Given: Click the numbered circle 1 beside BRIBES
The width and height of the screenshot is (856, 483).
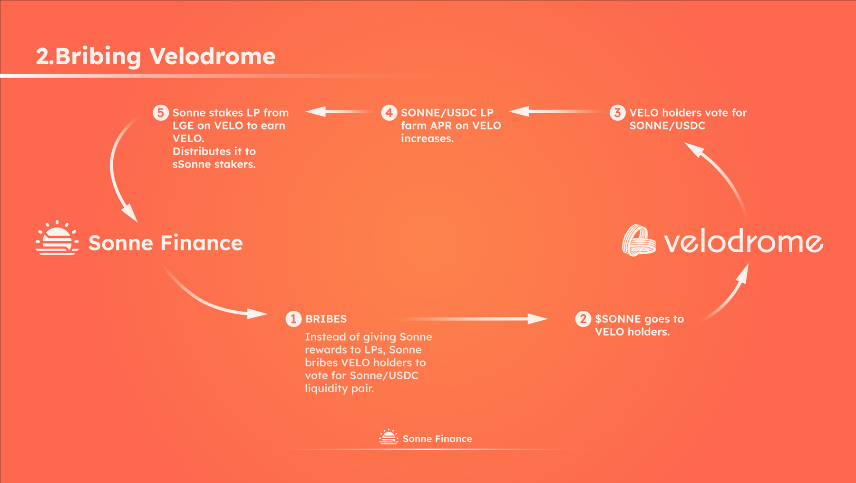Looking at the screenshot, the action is (x=293, y=319).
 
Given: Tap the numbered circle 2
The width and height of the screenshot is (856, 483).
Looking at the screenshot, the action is (x=583, y=319).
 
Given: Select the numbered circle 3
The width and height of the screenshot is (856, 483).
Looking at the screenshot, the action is (x=617, y=113).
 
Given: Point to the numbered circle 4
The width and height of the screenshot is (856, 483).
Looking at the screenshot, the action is (x=389, y=113).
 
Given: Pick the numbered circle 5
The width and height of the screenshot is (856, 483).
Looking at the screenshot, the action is (x=161, y=113).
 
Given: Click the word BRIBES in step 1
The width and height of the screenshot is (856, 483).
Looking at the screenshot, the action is (x=326, y=319).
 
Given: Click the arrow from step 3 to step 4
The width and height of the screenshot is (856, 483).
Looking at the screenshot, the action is (x=556, y=111).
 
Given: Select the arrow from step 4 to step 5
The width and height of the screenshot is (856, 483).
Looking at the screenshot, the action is (x=339, y=111).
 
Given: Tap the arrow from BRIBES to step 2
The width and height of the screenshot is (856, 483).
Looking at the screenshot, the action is (x=471, y=319).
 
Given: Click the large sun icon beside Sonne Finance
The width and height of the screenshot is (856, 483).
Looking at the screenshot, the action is (x=57, y=238).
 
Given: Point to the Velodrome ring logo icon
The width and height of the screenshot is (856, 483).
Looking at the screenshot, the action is (x=639, y=240).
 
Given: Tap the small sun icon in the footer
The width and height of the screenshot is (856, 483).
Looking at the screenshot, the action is (x=389, y=437).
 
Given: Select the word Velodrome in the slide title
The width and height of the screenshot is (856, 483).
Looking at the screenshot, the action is (x=213, y=56).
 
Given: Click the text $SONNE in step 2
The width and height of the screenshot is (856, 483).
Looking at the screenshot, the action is (x=618, y=319).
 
